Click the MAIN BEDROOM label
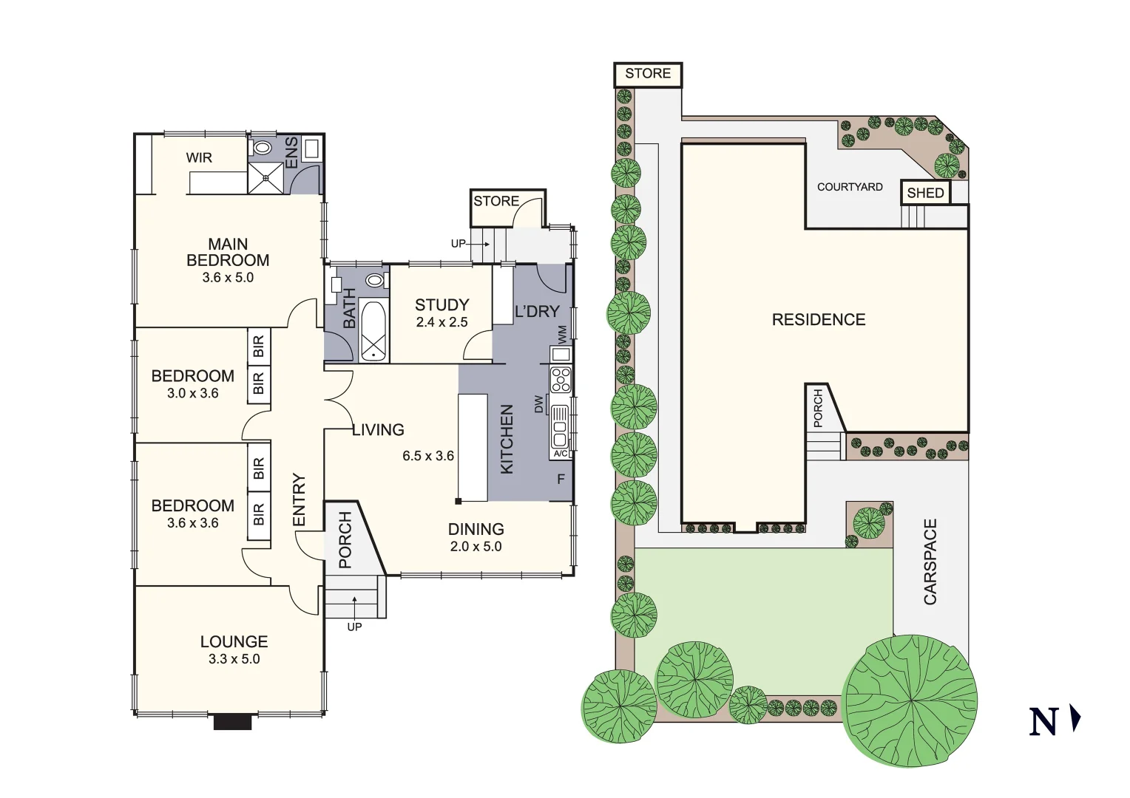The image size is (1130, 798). pyautogui.click(x=228, y=252)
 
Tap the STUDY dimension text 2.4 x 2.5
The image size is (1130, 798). pyautogui.click(x=442, y=322)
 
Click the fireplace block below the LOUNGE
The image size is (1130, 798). pyautogui.click(x=233, y=722)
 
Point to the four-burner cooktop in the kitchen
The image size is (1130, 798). pyautogui.click(x=560, y=379)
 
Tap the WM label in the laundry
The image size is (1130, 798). pyautogui.click(x=562, y=334)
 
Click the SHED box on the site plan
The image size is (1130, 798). pyautogui.click(x=925, y=193)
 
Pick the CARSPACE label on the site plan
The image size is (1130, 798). pyautogui.click(x=930, y=562)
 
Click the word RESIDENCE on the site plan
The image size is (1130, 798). pyautogui.click(x=819, y=320)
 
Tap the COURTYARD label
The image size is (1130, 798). pyautogui.click(x=850, y=187)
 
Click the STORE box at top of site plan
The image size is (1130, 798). pyautogui.click(x=648, y=74)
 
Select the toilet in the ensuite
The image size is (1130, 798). pyautogui.click(x=262, y=148)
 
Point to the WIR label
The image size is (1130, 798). pyautogui.click(x=199, y=157)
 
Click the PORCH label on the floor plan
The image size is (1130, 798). pyautogui.click(x=345, y=541)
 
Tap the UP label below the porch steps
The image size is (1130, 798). pyautogui.click(x=354, y=627)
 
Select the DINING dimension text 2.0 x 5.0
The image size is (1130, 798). pyautogui.click(x=476, y=547)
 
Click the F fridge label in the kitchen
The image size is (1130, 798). pyautogui.click(x=561, y=480)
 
